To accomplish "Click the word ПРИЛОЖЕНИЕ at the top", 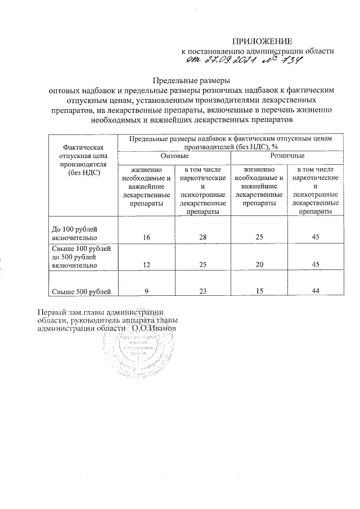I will pyautogui.click(x=263, y=41).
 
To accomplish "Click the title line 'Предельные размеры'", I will pyautogui.click(x=192, y=79).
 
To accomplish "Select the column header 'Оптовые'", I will pyautogui.click(x=174, y=155).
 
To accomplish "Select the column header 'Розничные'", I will pyautogui.click(x=287, y=155).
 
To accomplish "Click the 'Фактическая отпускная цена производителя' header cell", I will pyautogui.click(x=83, y=160).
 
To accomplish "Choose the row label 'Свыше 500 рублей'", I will pyautogui.click(x=84, y=290).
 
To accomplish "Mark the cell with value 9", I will pyautogui.click(x=146, y=291).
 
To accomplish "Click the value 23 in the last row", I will pyautogui.click(x=202, y=291).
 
